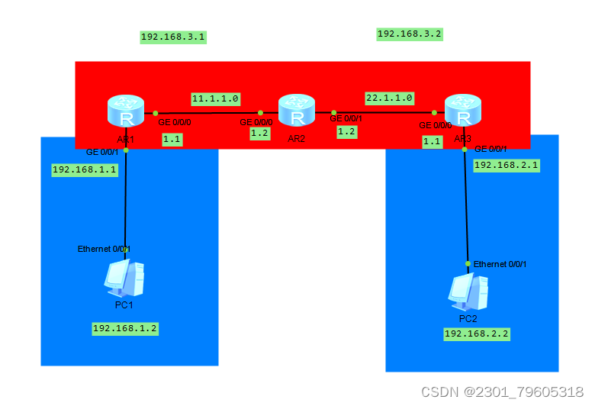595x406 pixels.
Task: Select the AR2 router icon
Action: tap(297, 111)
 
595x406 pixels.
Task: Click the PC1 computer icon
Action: tap(124, 279)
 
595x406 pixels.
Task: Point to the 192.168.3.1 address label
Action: tap(173, 37)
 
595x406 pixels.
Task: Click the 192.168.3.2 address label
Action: tap(410, 34)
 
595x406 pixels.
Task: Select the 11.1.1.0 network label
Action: tap(216, 98)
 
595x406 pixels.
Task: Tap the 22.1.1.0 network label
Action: tap(389, 98)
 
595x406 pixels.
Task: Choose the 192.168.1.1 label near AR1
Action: tap(84, 169)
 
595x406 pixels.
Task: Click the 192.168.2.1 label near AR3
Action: tap(507, 165)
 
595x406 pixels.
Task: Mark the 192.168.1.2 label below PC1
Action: tap(125, 328)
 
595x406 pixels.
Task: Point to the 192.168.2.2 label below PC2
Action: tap(477, 333)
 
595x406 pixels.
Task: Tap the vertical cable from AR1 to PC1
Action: tap(126, 198)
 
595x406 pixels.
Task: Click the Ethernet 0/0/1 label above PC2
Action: tap(500, 264)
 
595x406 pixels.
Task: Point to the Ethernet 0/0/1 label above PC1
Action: tap(104, 250)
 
